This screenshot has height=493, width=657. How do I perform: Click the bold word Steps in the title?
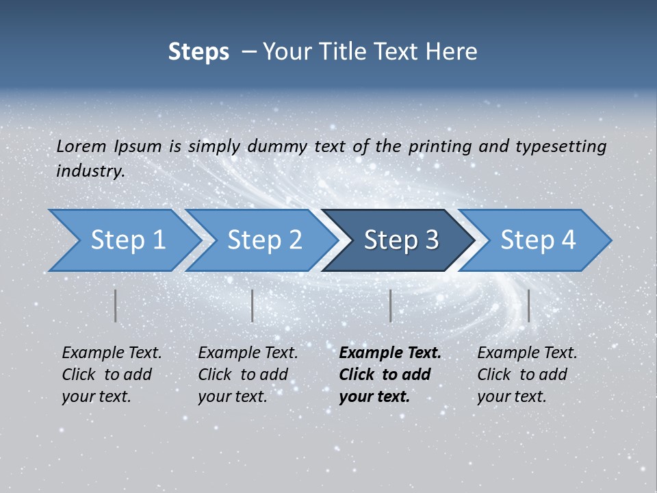198,52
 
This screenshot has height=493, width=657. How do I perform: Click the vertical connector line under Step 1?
116,305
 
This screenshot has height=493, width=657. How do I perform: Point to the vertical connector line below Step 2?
253,305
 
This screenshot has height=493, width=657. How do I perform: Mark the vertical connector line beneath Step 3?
391,305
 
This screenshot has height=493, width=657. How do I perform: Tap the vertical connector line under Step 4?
529,305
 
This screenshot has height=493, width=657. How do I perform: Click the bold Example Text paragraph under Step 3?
390,375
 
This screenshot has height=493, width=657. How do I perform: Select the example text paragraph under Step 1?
112,375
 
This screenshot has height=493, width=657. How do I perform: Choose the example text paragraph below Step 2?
248,375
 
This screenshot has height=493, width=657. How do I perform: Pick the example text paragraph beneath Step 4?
527,375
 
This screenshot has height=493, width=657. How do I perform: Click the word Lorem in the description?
81,147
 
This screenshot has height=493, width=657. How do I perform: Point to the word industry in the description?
90,171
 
